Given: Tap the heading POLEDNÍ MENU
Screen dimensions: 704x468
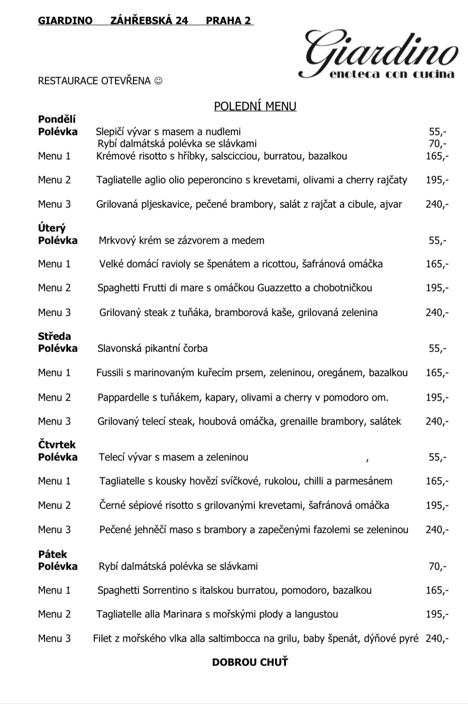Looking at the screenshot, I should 255,106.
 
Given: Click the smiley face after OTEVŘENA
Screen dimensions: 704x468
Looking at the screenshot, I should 158,81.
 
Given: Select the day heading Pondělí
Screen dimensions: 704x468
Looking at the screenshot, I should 57,119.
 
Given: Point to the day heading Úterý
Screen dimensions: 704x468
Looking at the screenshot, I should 52,228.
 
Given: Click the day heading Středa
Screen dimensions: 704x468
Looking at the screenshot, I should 54,337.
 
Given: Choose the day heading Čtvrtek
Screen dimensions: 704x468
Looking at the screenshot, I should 57,445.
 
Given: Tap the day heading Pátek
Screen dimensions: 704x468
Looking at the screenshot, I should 53,555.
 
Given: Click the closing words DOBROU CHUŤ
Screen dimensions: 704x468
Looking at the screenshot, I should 250,662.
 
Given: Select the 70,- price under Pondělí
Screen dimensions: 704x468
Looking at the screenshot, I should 437,144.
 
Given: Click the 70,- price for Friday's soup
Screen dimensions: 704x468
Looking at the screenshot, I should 437,566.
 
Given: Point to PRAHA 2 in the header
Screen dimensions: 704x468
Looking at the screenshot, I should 228,21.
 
